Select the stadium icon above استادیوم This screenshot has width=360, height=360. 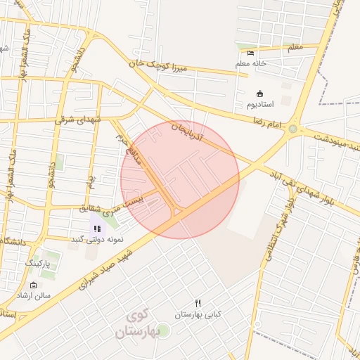pyautogui.click(x=259, y=94)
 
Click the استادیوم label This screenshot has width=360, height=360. pyautogui.click(x=260, y=105)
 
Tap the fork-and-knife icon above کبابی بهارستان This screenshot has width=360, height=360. pyautogui.click(x=198, y=302)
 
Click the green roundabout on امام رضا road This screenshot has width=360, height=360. pyautogui.click(x=292, y=129)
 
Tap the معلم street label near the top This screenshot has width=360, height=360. pyautogui.click(x=295, y=47)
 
